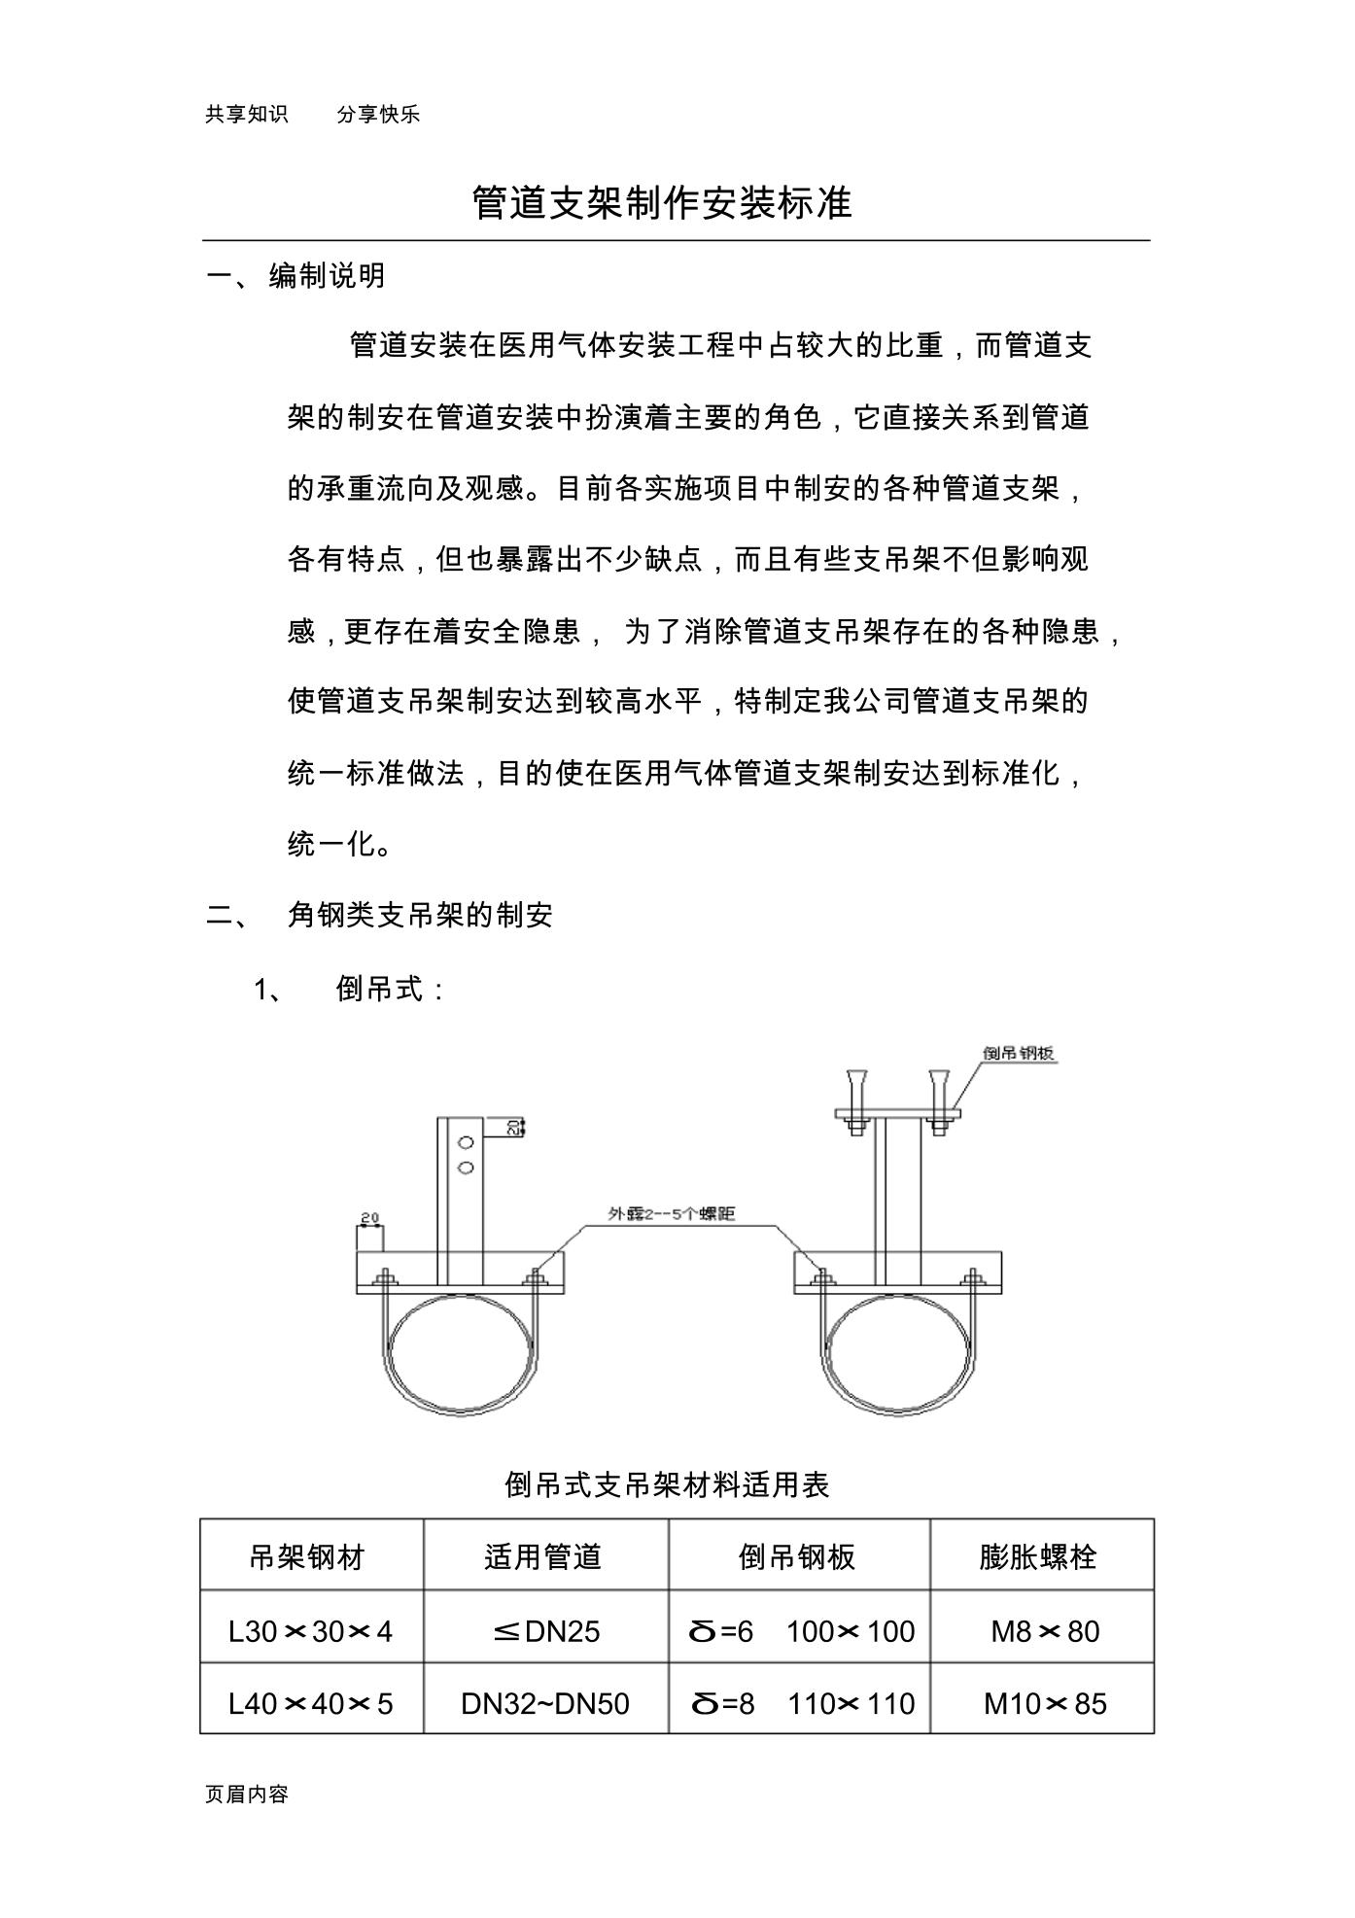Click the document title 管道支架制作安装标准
(x=661, y=203)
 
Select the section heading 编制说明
(x=328, y=276)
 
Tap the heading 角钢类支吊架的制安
(x=420, y=915)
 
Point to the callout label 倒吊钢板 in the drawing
(x=1019, y=1053)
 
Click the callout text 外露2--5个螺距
(x=671, y=1213)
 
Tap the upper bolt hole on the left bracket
(x=466, y=1143)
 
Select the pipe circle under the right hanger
(x=896, y=1354)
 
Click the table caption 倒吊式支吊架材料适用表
(x=667, y=1484)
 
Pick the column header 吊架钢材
(x=306, y=1557)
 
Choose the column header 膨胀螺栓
(x=1037, y=1557)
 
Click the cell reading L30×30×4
(x=310, y=1630)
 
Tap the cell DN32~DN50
(x=545, y=1703)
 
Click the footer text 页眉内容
(x=247, y=1795)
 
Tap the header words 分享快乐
(x=378, y=115)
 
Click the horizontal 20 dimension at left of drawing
(x=369, y=1217)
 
